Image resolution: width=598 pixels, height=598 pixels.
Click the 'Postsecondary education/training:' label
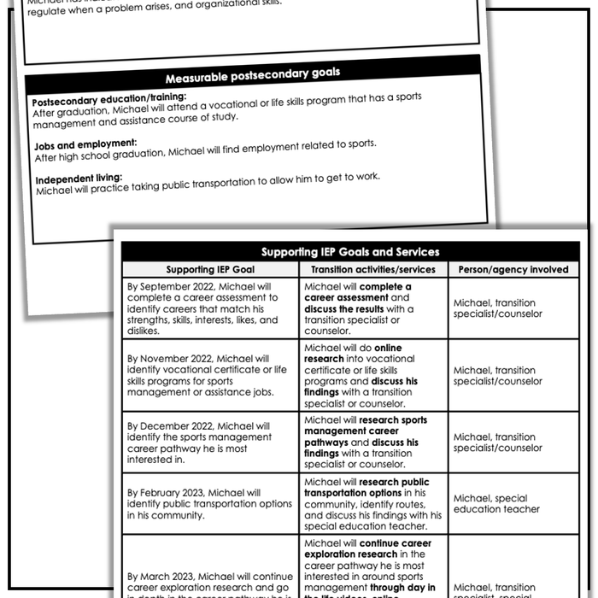[108, 98]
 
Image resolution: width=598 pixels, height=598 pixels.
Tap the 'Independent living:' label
[79, 179]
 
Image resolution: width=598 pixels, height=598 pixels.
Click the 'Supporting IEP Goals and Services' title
[350, 252]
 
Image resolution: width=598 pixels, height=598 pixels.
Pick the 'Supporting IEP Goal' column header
[209, 270]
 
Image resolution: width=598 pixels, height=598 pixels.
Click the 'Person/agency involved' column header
[513, 270]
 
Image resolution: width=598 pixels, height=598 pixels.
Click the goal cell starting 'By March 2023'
[209, 581]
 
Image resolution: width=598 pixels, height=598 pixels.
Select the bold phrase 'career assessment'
[345, 298]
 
